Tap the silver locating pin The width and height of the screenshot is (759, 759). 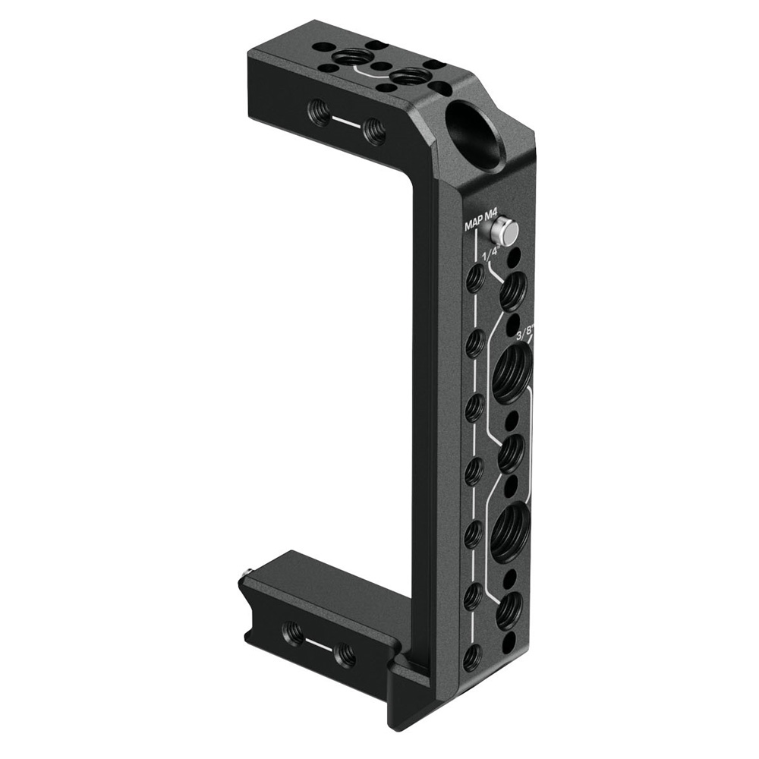click(504, 231)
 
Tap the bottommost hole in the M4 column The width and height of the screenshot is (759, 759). click(471, 657)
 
